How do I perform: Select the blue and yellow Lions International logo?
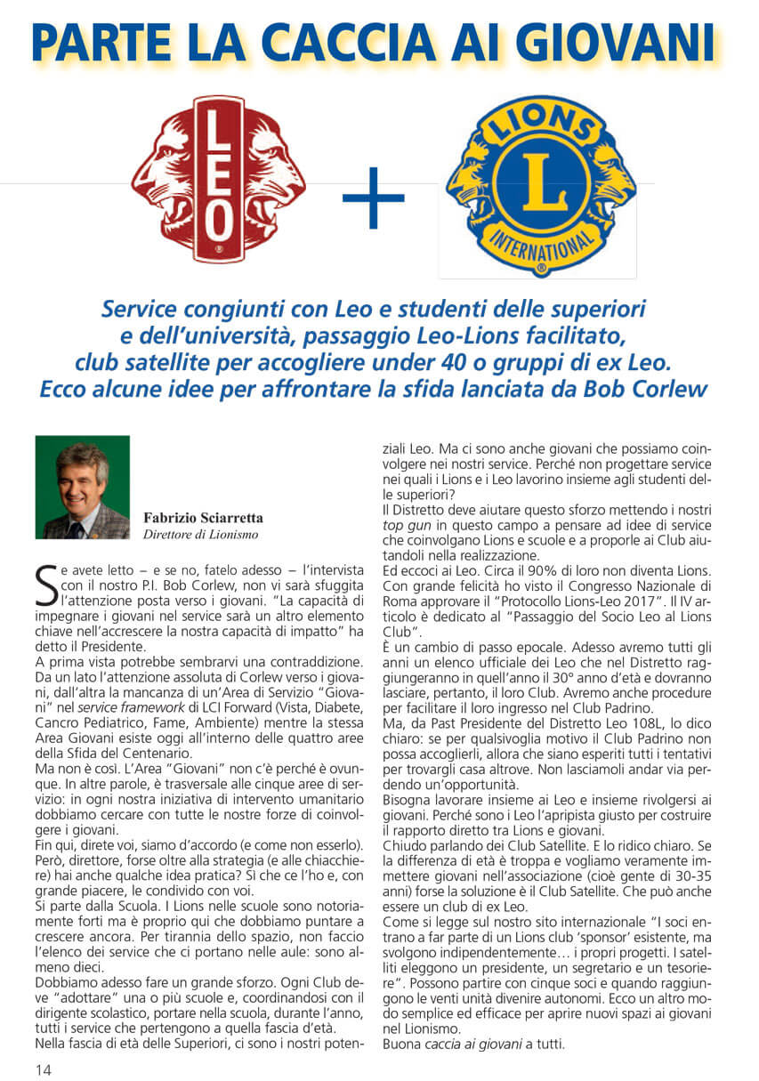(x=541, y=186)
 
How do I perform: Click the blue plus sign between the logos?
(x=374, y=198)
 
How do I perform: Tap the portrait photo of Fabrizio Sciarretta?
(x=83, y=487)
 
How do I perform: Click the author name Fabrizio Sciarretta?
(x=204, y=518)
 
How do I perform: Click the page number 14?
(x=44, y=1069)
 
